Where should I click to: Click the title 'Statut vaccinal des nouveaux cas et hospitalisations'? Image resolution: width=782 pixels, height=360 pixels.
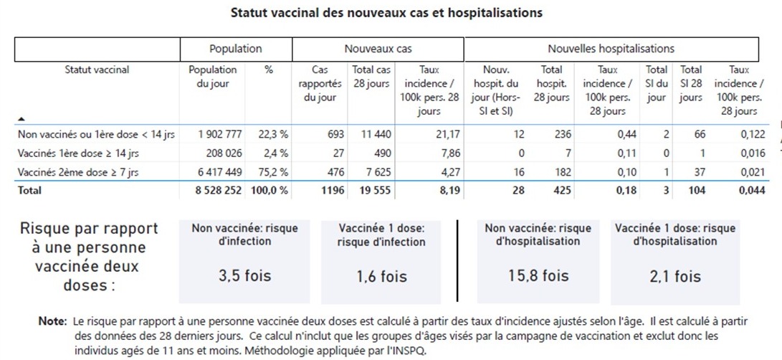click(386, 13)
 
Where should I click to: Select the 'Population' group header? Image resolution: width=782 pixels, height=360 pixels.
click(235, 49)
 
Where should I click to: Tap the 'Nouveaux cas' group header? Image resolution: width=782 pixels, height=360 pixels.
click(378, 49)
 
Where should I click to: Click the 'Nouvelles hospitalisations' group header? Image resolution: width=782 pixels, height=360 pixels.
click(611, 49)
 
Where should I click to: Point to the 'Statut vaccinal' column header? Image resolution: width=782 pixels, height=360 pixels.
click(97, 70)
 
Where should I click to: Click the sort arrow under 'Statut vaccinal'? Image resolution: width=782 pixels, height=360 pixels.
click(22, 119)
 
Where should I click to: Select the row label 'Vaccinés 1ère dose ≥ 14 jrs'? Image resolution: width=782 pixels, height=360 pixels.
click(78, 153)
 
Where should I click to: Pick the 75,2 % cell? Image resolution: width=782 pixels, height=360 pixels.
click(273, 173)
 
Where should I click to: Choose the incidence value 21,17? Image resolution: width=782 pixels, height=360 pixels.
click(448, 134)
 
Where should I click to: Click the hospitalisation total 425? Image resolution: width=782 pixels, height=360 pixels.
click(562, 190)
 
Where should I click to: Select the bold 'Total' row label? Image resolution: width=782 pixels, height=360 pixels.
click(29, 190)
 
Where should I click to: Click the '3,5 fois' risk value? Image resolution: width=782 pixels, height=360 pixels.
click(244, 275)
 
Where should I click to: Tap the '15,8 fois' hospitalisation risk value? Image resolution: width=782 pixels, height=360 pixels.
click(538, 275)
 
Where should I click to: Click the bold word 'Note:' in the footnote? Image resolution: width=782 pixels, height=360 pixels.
click(52, 321)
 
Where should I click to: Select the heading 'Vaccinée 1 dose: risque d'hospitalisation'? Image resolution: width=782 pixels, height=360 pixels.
click(675, 235)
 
